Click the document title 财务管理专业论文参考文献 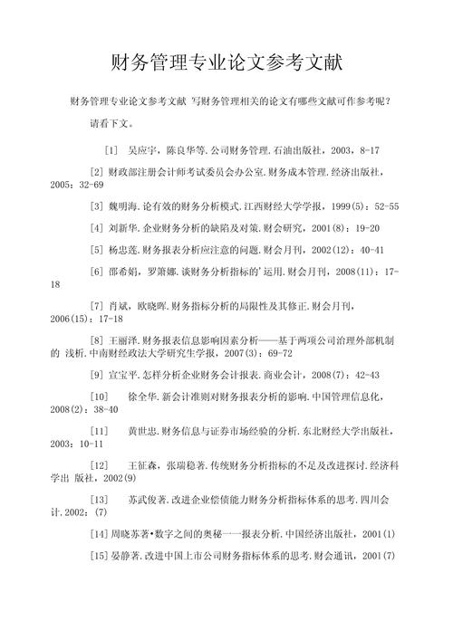pyautogui.click(x=226, y=64)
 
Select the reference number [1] pyautogui.click(x=111, y=148)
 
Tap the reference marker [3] pyautogui.click(x=97, y=205)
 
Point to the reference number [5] pyautogui.click(x=97, y=249)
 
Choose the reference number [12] pyautogui.click(x=100, y=464)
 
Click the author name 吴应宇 pyautogui.click(x=145, y=148)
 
